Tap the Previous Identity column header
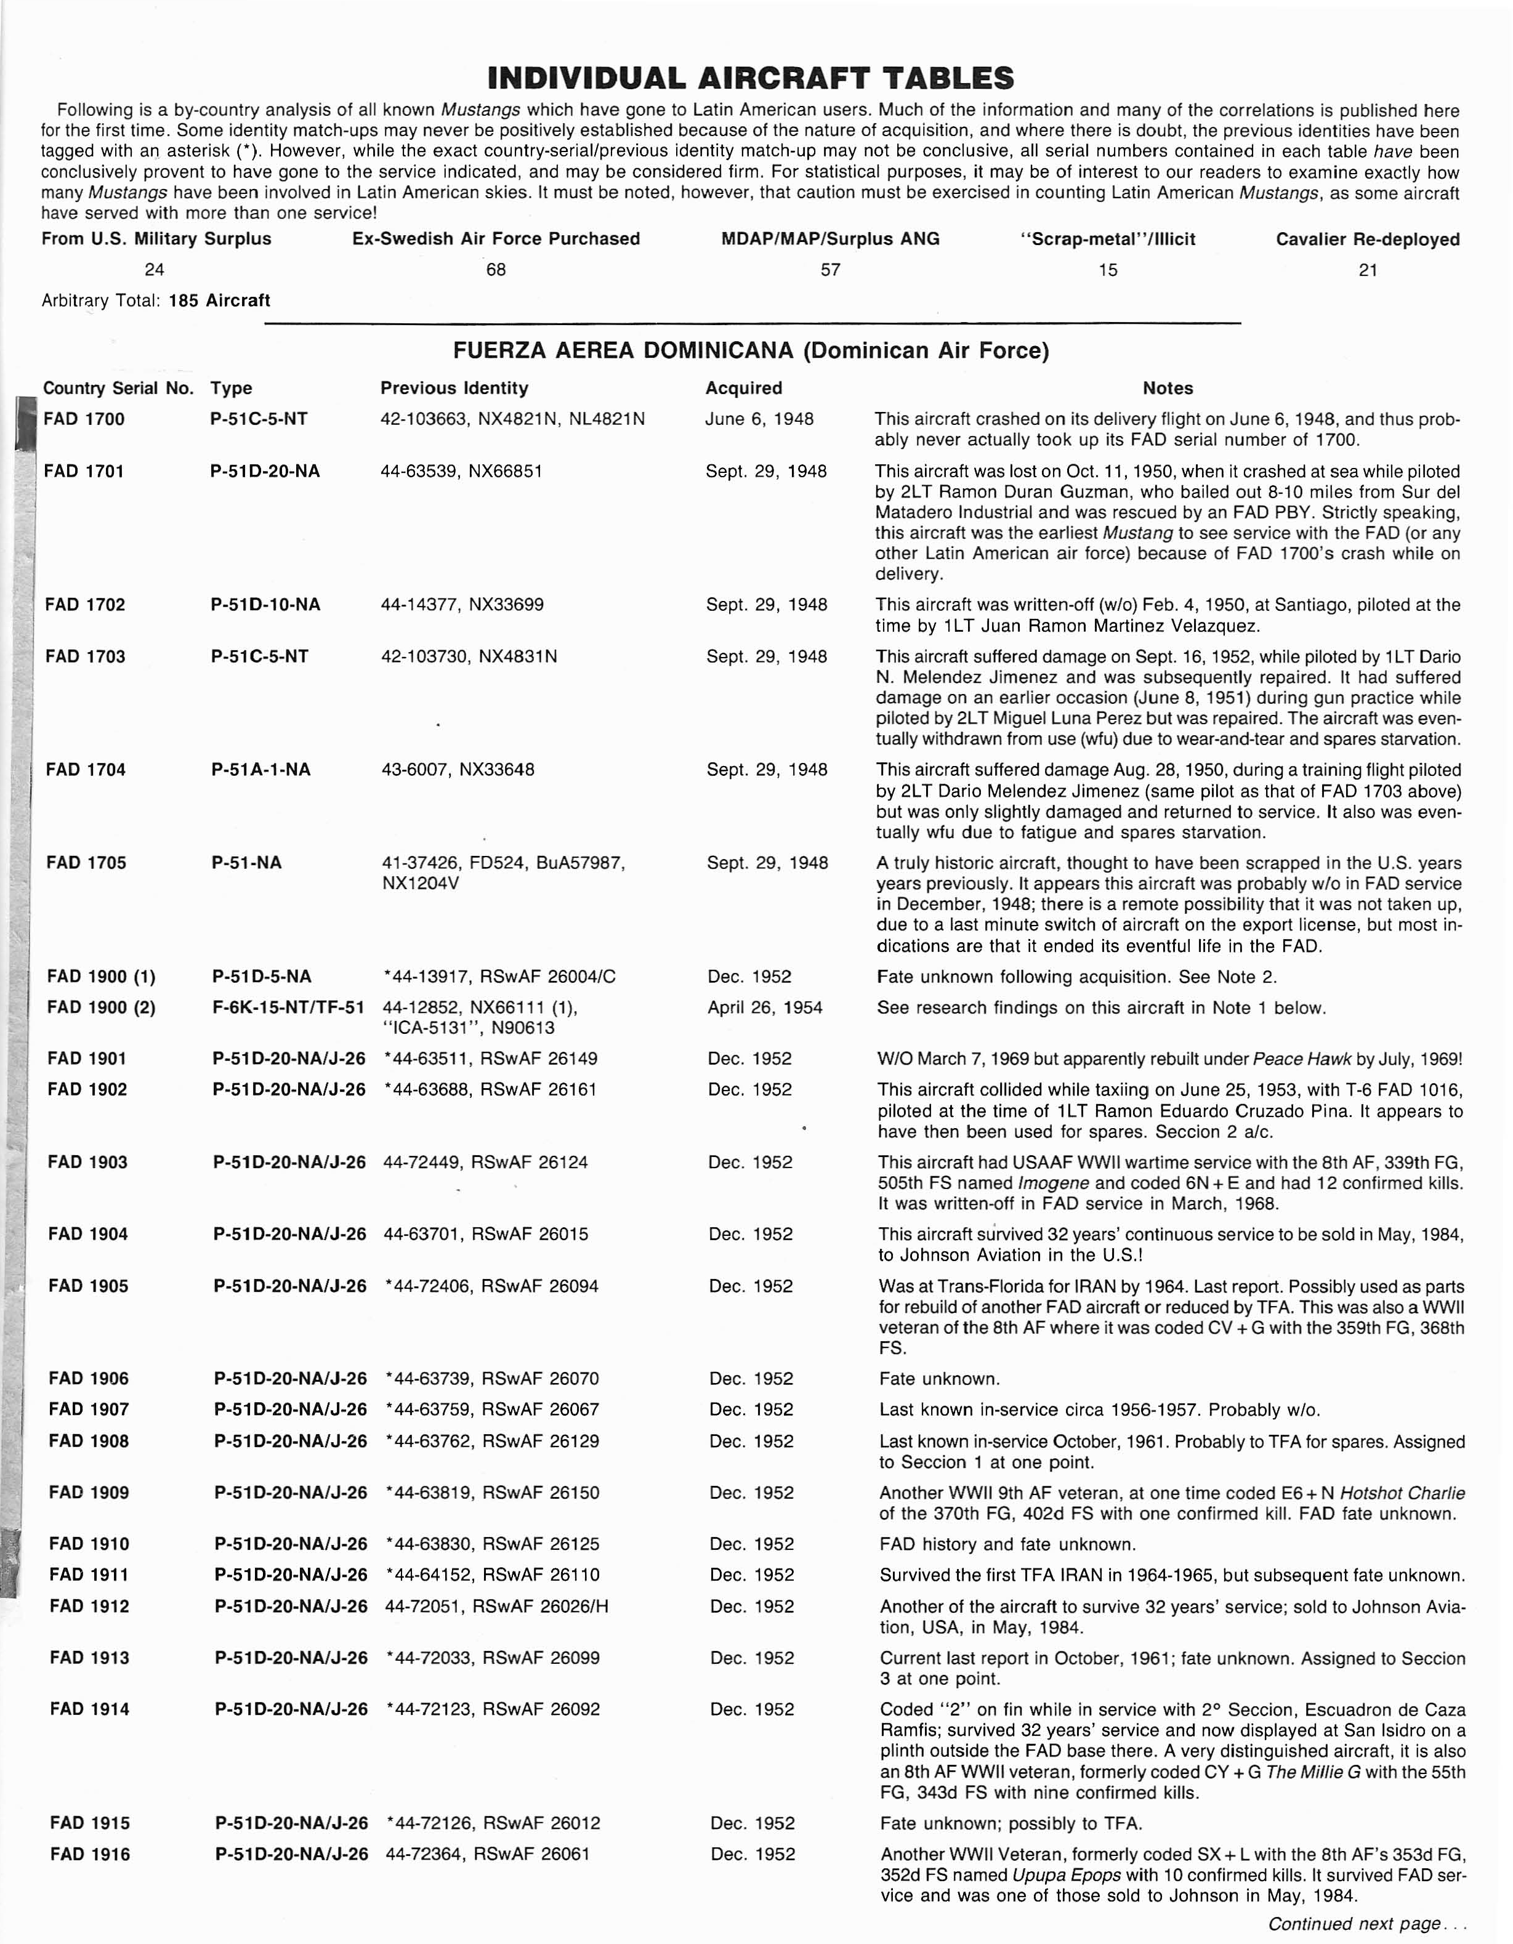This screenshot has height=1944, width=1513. (x=454, y=388)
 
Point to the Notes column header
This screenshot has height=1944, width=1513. (x=1167, y=388)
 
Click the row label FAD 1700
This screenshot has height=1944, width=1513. (x=84, y=419)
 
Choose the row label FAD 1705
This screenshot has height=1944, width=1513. (x=86, y=863)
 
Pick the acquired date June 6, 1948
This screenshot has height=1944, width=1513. (x=759, y=419)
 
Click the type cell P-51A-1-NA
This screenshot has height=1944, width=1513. (x=260, y=770)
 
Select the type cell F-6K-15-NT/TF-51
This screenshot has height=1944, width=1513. (x=288, y=1007)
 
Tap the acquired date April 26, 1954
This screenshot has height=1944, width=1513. (x=765, y=1007)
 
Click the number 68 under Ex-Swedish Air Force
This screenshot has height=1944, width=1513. (x=496, y=270)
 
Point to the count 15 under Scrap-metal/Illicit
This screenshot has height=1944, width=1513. (x=1107, y=270)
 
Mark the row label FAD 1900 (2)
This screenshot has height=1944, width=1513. (x=100, y=1007)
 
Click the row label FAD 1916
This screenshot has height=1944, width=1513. (x=90, y=1854)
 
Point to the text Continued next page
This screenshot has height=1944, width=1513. (x=1366, y=1924)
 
